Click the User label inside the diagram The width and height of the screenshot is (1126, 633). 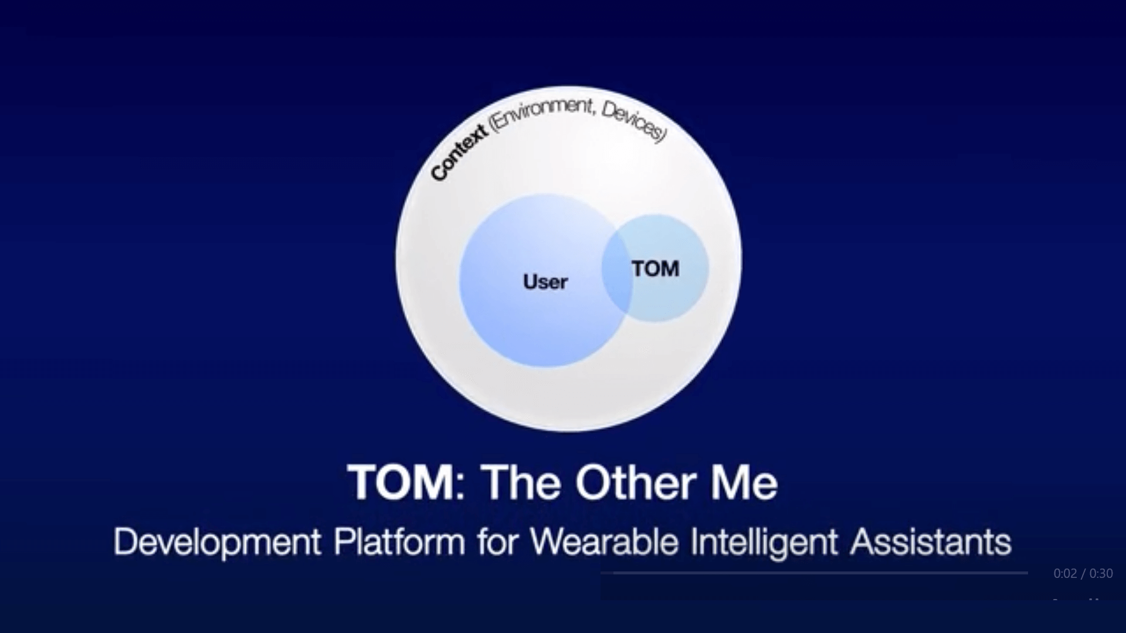[x=545, y=282]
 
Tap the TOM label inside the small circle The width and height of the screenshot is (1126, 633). [x=656, y=269]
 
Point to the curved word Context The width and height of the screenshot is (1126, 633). [x=458, y=152]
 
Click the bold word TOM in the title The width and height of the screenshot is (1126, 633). [x=401, y=482]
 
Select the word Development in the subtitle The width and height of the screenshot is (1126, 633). [x=217, y=542]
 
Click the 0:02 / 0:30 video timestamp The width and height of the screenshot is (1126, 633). [x=1083, y=573]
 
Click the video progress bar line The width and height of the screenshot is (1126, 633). [x=820, y=573]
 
